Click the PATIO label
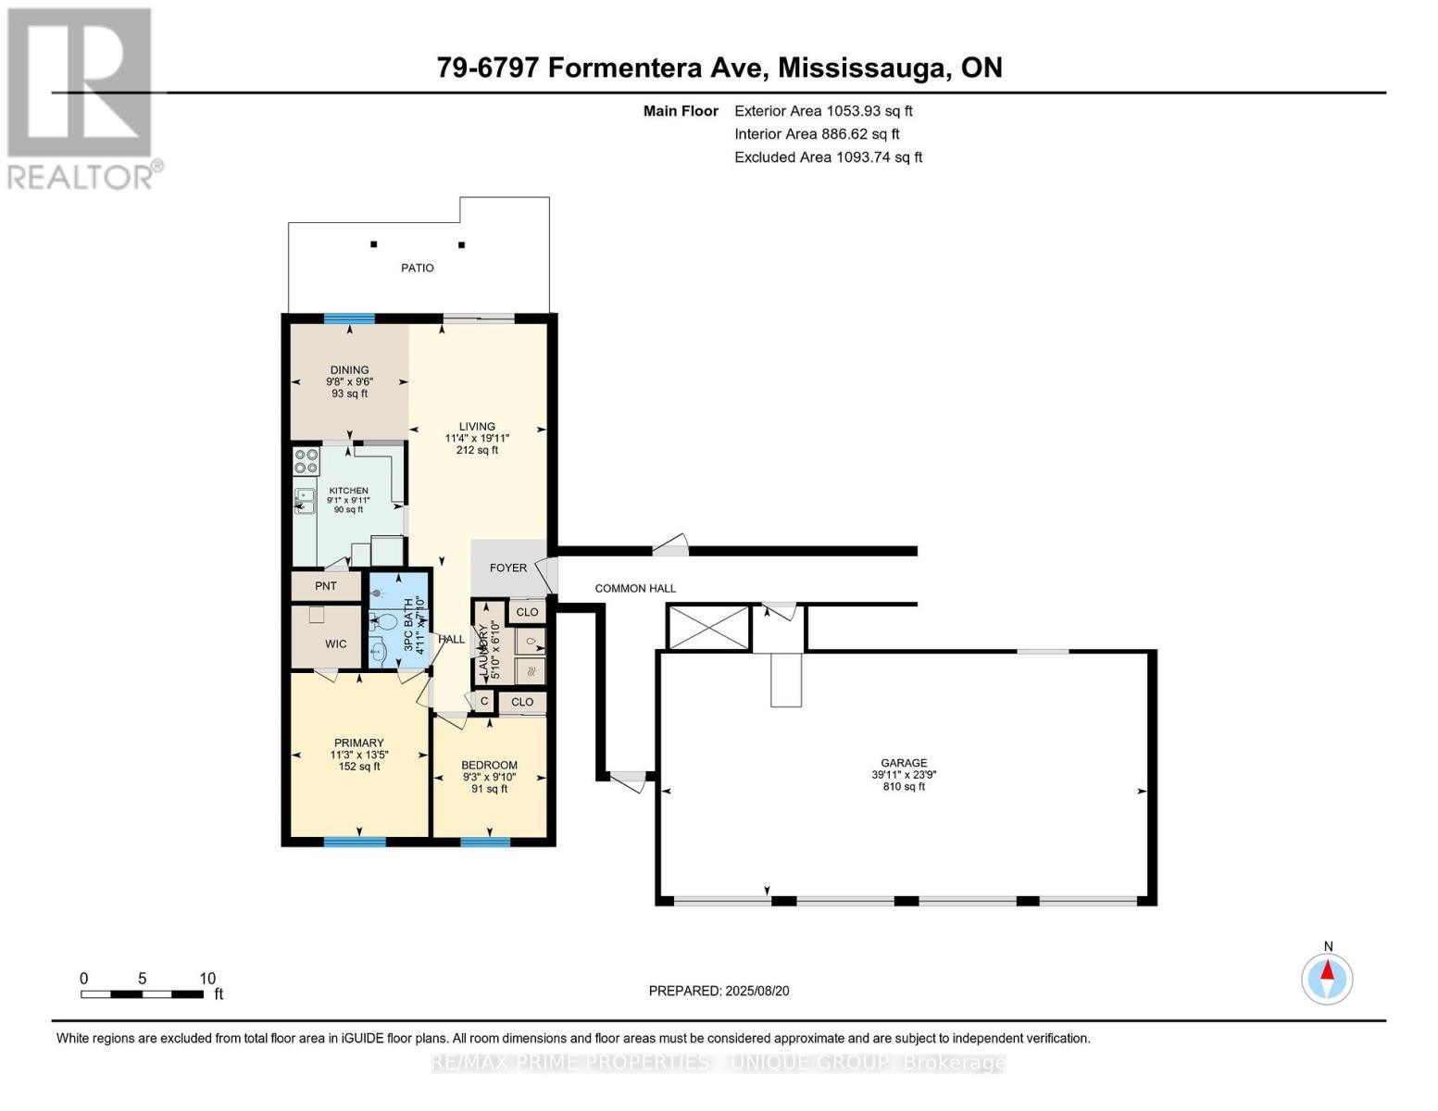pos(417,268)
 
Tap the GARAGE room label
pos(903,764)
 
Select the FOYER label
pos(507,568)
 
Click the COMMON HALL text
pos(635,588)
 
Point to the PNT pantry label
pos(325,586)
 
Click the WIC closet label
pos(335,643)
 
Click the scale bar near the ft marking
pos(142,993)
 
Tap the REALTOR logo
pos(81,97)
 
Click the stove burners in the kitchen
pos(306,461)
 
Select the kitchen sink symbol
pos(304,501)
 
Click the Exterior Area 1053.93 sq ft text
pos(823,111)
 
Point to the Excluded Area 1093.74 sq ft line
pos(828,157)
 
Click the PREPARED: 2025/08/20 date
pos(719,991)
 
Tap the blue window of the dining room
pos(349,319)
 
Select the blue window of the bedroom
pos(485,842)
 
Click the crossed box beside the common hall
pos(708,627)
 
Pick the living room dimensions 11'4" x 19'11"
pos(477,438)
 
